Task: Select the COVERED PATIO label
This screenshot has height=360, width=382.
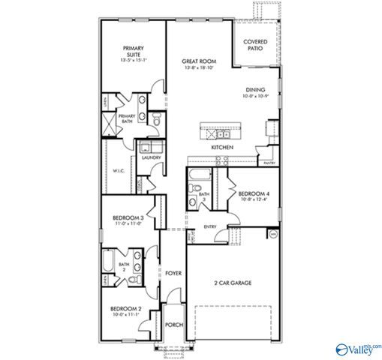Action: pos(256,44)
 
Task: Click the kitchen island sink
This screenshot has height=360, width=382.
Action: pos(222,134)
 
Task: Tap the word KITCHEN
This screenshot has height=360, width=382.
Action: pos(222,148)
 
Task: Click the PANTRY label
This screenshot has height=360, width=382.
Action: pos(269,161)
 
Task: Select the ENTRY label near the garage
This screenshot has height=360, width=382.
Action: pos(211,227)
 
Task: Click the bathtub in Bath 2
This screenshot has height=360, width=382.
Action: pos(107,264)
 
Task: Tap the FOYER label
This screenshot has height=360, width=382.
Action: pos(173,274)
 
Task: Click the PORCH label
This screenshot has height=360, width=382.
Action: pos(173,325)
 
